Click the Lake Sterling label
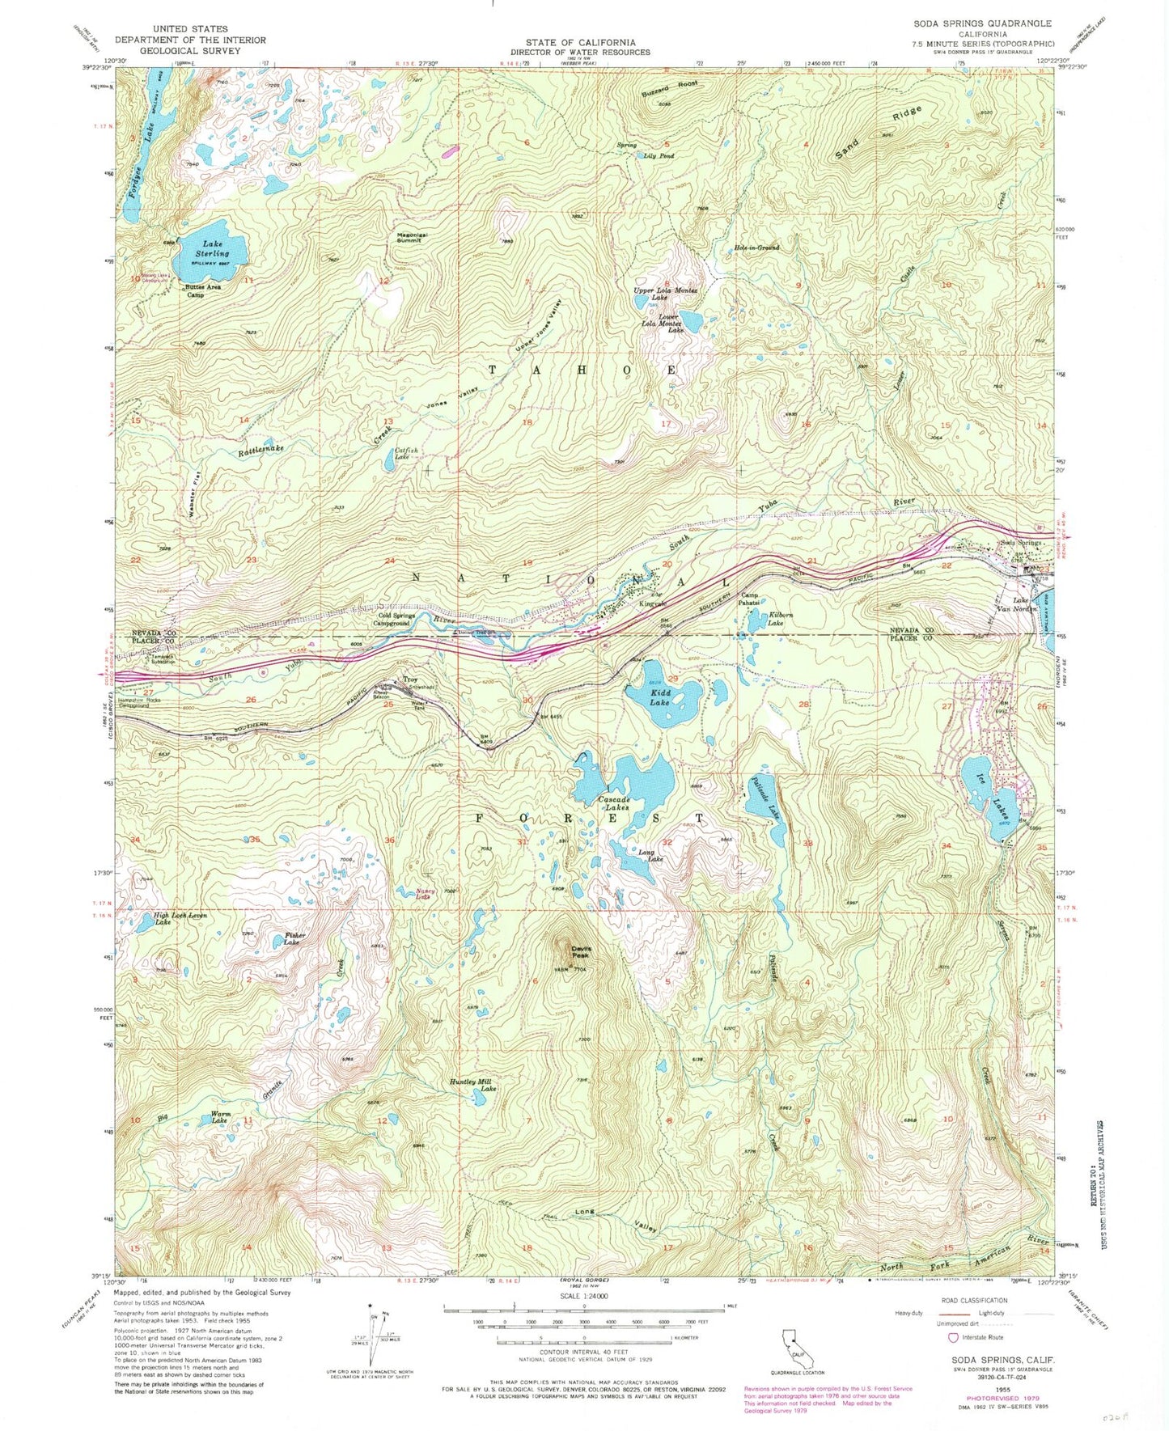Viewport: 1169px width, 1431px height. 211,248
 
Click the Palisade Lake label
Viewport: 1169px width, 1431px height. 769,797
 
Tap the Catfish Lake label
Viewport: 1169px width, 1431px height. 406,454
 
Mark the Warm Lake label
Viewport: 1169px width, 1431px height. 220,1117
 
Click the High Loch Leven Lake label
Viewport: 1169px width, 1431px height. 181,918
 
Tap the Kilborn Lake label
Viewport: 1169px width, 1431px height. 775,620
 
